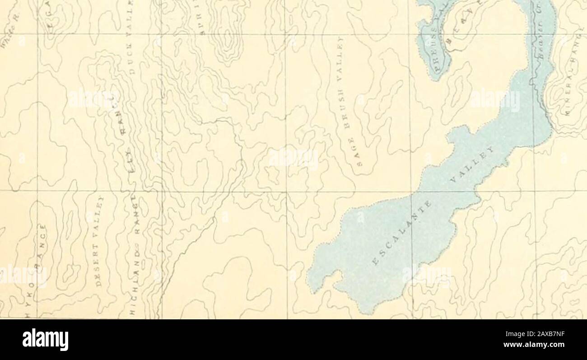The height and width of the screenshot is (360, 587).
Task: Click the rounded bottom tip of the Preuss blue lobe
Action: (435, 78)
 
